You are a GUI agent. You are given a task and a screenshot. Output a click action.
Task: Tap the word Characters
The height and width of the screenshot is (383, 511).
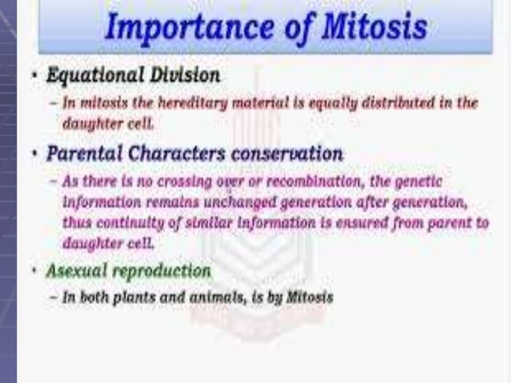pyautogui.click(x=167, y=152)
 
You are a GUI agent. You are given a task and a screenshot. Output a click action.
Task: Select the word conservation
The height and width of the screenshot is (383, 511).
pyautogui.click(x=279, y=152)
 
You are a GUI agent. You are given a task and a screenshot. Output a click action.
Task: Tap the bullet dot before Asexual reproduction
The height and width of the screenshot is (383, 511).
pyautogui.click(x=34, y=272)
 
